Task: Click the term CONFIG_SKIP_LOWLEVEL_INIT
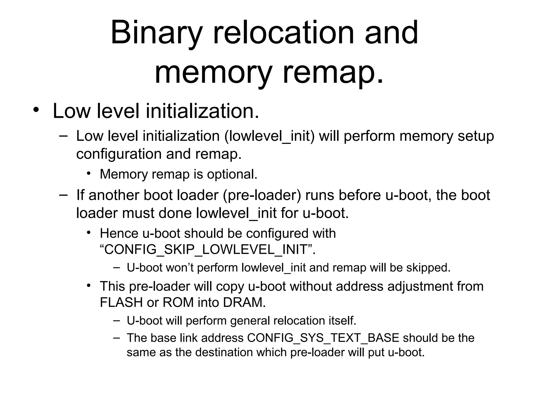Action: pyautogui.click(x=206, y=249)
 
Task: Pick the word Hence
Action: pyautogui.click(x=119, y=233)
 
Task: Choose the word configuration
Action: pyautogui.click(x=119, y=154)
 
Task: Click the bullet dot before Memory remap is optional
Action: pyautogui.click(x=89, y=173)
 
